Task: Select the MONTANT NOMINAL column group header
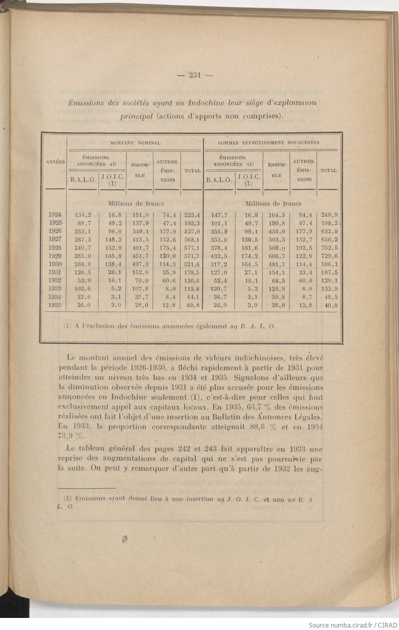(x=135, y=143)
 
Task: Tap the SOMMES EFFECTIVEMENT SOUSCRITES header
(x=268, y=143)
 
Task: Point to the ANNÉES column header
(x=56, y=162)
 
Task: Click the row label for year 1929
(x=55, y=256)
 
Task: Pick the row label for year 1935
(x=55, y=305)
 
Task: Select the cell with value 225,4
(x=192, y=215)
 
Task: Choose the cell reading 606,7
(x=276, y=256)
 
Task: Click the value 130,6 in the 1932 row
(x=192, y=280)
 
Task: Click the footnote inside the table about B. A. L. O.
(x=169, y=326)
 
